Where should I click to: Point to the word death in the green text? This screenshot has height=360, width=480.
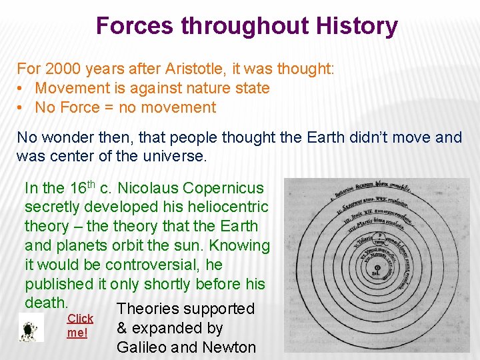(45, 302)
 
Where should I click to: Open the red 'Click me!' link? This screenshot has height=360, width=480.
(79, 325)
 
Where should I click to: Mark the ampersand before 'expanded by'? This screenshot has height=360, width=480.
(122, 328)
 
